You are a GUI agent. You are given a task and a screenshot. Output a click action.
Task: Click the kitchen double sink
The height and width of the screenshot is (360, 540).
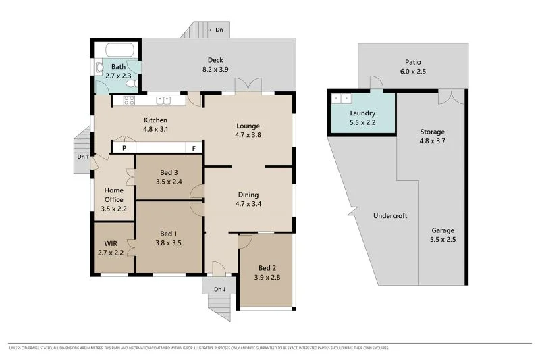tap(163, 101)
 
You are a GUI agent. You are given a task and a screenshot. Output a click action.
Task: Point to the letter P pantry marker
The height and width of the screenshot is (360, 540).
tap(124, 148)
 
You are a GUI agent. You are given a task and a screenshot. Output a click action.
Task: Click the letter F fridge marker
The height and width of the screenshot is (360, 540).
tap(194, 148)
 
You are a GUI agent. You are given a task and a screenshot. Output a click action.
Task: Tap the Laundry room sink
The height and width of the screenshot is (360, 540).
tap(337, 97)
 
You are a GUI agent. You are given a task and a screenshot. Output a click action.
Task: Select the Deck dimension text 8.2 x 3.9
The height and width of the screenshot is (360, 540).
tap(215, 69)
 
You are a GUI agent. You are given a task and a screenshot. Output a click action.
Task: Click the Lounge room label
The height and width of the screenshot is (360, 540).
tap(248, 126)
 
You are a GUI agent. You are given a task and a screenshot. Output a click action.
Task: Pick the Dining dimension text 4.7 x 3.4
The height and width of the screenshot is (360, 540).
tap(248, 203)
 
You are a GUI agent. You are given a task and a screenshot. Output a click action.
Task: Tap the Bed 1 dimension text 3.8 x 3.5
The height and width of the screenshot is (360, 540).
tap(169, 243)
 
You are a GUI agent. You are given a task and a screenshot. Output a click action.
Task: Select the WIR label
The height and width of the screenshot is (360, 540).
tap(111, 243)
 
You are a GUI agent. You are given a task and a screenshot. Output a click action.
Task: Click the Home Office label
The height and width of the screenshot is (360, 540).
tap(113, 195)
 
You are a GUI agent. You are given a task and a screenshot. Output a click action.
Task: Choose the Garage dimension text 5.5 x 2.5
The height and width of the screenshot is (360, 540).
tap(442, 239)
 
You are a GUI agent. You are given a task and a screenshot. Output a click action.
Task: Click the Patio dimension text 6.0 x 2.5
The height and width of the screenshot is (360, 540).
tap(412, 71)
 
